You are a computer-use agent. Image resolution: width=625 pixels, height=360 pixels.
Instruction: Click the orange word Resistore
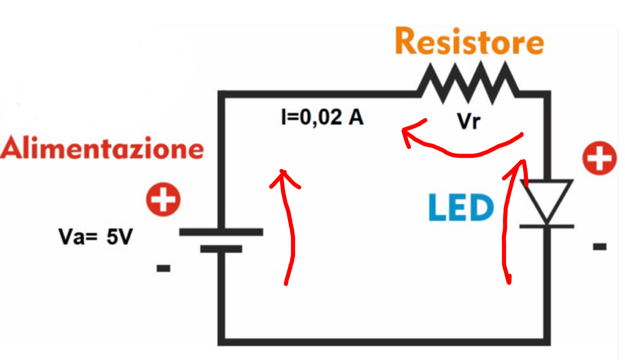click(469, 41)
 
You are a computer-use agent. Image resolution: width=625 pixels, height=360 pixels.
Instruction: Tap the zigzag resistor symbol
click(468, 83)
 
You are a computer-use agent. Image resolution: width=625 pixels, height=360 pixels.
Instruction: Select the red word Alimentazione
click(102, 148)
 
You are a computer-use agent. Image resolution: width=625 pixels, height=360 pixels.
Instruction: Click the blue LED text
click(461, 207)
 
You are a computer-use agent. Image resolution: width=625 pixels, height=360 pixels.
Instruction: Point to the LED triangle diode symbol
click(547, 201)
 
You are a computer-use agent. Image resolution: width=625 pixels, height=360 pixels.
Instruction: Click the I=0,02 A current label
click(322, 117)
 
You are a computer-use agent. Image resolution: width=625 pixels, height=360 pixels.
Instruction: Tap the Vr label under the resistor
click(469, 121)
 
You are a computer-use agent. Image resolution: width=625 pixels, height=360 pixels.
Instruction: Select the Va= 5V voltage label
click(96, 236)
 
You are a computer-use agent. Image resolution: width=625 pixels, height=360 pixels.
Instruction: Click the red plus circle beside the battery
click(163, 199)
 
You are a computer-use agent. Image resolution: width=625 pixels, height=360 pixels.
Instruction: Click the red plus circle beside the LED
click(599, 158)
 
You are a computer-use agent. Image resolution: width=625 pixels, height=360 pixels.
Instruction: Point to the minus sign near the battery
click(163, 268)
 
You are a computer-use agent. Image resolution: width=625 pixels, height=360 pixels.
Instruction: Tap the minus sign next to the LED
click(600, 246)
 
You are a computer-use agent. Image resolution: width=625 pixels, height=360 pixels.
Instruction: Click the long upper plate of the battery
click(221, 232)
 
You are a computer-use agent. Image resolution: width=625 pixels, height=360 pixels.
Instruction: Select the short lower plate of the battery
click(221, 249)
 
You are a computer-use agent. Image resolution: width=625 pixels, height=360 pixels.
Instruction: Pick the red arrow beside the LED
click(505, 223)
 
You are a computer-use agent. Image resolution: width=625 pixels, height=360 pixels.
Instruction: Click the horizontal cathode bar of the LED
click(547, 226)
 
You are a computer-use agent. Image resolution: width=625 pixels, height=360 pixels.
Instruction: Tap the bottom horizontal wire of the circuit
click(384, 342)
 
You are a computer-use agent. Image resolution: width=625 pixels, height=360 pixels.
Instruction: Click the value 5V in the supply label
click(120, 236)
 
